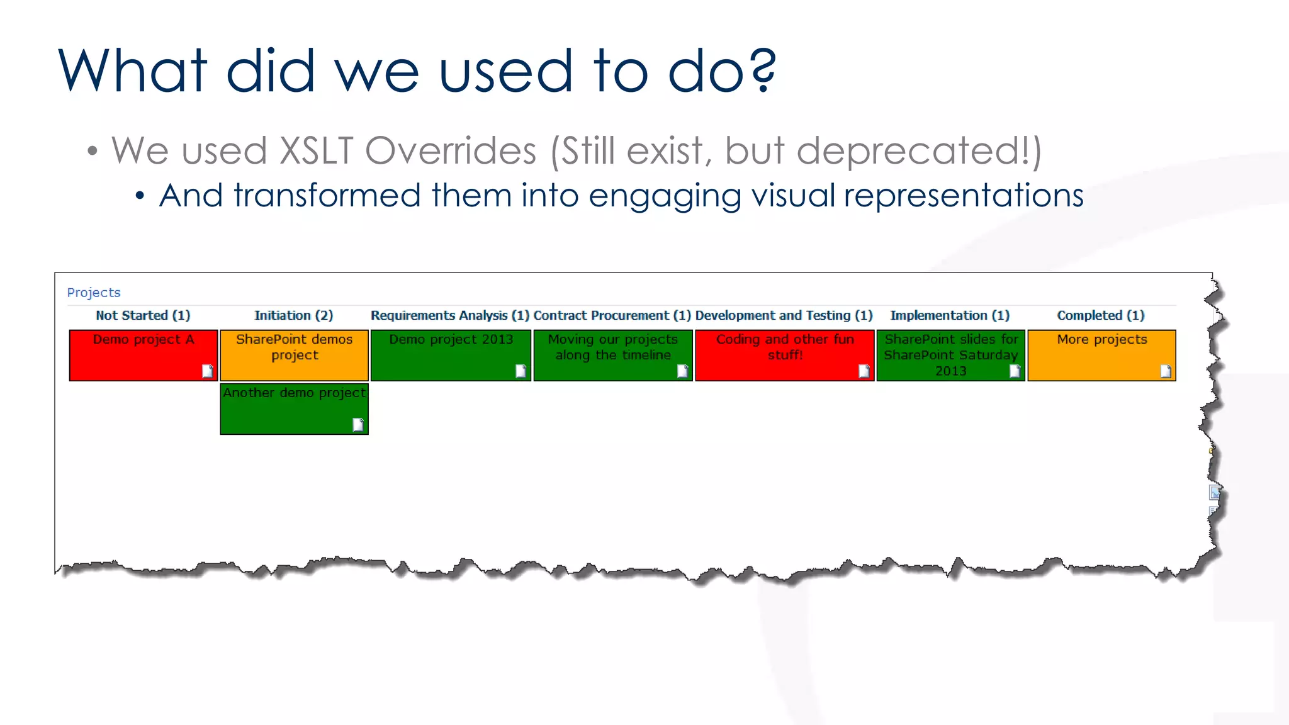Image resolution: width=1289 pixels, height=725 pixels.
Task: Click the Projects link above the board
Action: tap(93, 293)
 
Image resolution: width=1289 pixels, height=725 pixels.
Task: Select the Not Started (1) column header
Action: tap(143, 315)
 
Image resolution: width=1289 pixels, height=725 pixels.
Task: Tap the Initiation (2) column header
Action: tap(293, 315)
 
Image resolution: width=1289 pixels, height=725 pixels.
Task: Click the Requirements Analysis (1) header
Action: tap(449, 315)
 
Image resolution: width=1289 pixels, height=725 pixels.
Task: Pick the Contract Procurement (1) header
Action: tap(612, 315)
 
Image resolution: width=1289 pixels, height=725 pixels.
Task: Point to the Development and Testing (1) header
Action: tap(784, 315)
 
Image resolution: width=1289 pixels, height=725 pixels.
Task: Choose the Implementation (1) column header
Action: tap(949, 315)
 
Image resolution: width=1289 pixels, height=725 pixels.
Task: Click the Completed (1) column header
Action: tap(1100, 315)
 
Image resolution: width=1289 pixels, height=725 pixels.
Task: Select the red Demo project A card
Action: tap(143, 356)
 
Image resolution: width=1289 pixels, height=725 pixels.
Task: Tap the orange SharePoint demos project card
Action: tap(294, 356)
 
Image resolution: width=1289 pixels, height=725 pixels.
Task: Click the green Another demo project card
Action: tap(294, 409)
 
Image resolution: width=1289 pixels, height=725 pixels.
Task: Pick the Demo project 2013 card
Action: tap(450, 356)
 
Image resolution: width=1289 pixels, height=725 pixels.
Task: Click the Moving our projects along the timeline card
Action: tap(612, 356)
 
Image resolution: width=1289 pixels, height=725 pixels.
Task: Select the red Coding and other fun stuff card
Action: tap(784, 356)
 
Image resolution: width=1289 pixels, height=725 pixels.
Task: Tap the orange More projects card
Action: tap(1101, 356)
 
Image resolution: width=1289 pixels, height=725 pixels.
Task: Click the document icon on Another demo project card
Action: tap(358, 425)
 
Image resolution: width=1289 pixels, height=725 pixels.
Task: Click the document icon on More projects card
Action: tap(1166, 372)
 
